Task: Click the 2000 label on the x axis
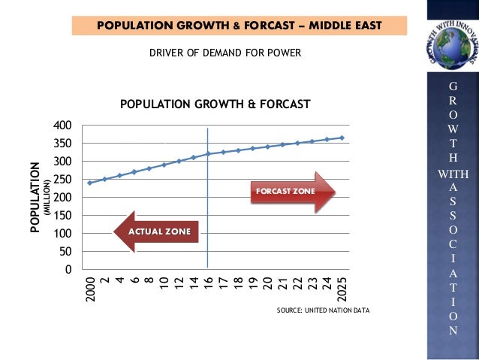[x=90, y=289]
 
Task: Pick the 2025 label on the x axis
[x=342, y=289]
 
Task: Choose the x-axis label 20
[x=268, y=283]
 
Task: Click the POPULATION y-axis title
[x=35, y=197]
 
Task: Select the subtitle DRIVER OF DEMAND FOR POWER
[x=216, y=54]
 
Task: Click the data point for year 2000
[x=90, y=183]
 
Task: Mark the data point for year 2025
[x=342, y=138]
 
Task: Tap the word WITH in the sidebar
[x=452, y=174]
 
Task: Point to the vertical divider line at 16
[x=208, y=225]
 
